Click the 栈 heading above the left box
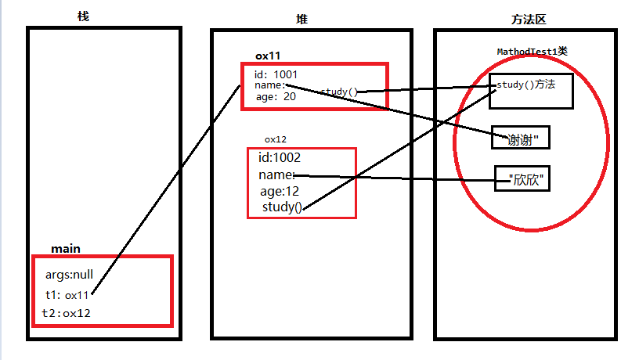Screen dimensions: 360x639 tap(84, 16)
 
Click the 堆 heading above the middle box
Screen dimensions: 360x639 tap(302, 17)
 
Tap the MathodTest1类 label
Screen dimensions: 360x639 tap(532, 52)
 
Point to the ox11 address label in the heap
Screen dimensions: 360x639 tap(268, 56)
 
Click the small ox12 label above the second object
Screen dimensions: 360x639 tap(276, 139)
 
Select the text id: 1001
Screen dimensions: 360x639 tap(276, 74)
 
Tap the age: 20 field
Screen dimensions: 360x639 tap(276, 98)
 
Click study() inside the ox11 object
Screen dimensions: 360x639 tap(338, 92)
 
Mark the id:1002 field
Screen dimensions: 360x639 tap(280, 157)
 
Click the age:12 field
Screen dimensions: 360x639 tap(280, 191)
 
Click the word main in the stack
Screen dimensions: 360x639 tap(66, 249)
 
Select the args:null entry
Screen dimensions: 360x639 tap(69, 275)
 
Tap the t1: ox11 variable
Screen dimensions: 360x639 tap(67, 295)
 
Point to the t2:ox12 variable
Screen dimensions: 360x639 tap(67, 313)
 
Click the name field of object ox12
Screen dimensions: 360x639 tap(276, 175)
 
